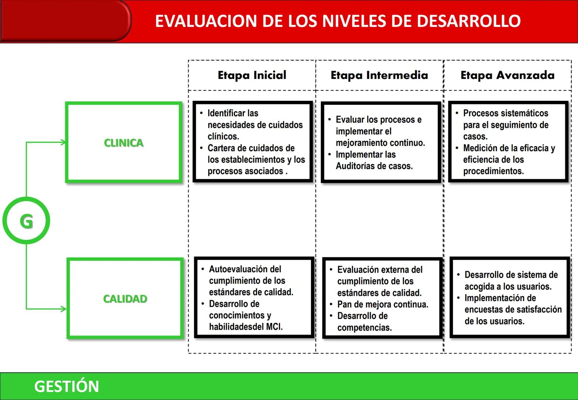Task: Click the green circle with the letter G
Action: [26, 221]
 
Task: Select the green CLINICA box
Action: [124, 143]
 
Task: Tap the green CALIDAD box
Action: [125, 299]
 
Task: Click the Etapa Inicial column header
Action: [252, 75]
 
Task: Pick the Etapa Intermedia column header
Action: [379, 75]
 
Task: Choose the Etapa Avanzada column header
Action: [507, 75]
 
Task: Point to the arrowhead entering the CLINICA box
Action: [63, 142]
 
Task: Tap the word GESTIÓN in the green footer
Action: [67, 386]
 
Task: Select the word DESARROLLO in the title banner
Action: [469, 21]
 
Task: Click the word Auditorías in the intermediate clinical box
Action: [355, 166]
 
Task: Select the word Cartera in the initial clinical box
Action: [222, 148]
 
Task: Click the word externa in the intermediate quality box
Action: [393, 270]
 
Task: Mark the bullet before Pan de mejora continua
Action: [331, 304]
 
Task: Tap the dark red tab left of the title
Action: [65, 20]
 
